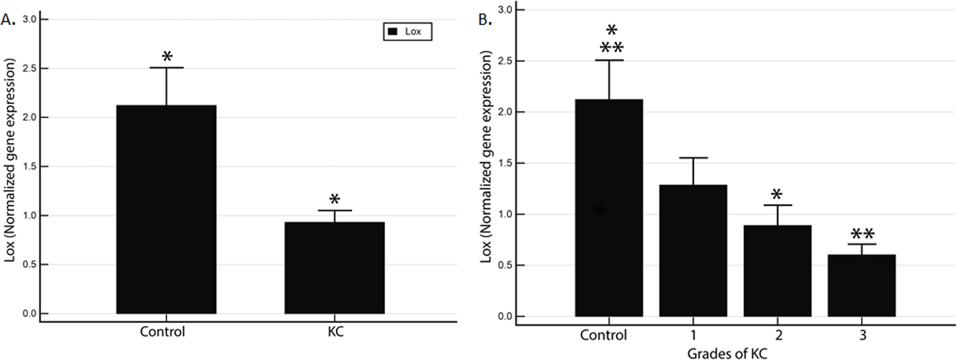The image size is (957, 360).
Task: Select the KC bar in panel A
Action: click(x=334, y=268)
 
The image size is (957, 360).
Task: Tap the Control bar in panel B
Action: click(x=608, y=208)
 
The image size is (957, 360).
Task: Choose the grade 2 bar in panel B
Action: click(x=777, y=271)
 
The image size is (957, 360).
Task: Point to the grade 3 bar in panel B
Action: click(x=861, y=285)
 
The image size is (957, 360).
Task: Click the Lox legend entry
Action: click(x=408, y=32)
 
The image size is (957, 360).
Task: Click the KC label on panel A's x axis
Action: click(x=335, y=332)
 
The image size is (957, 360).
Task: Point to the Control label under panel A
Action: click(x=163, y=332)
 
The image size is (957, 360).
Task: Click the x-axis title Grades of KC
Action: click(x=727, y=353)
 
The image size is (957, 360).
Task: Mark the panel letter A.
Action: click(x=8, y=20)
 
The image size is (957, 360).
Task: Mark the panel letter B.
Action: click(x=485, y=20)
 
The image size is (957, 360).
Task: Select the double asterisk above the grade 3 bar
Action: click(x=862, y=235)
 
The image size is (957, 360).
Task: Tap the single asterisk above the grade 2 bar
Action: click(x=776, y=194)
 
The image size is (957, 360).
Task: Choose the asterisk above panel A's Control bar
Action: click(x=167, y=56)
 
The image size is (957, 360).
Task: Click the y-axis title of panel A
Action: click(x=10, y=160)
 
